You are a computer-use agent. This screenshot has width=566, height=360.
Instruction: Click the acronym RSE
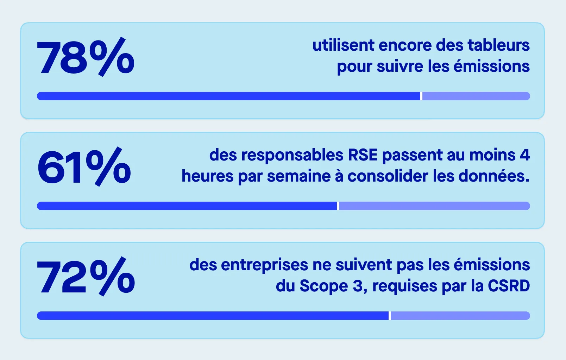point(363,155)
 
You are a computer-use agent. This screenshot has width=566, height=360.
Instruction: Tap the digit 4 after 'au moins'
point(524,155)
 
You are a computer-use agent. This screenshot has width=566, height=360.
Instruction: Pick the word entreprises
point(265,265)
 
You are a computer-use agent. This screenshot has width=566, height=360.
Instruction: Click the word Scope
point(324,286)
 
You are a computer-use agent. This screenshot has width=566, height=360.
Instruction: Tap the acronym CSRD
point(509,286)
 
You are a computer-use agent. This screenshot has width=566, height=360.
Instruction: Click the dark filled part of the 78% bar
point(229,96)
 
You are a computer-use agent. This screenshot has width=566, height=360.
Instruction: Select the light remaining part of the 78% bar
point(476,96)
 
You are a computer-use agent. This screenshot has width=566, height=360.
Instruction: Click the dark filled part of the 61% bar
point(187,206)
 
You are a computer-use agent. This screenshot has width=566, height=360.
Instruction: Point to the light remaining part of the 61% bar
point(434,206)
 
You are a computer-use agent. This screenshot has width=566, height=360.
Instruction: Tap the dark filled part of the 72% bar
point(213,316)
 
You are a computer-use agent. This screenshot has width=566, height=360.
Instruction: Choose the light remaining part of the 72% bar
point(460,316)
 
